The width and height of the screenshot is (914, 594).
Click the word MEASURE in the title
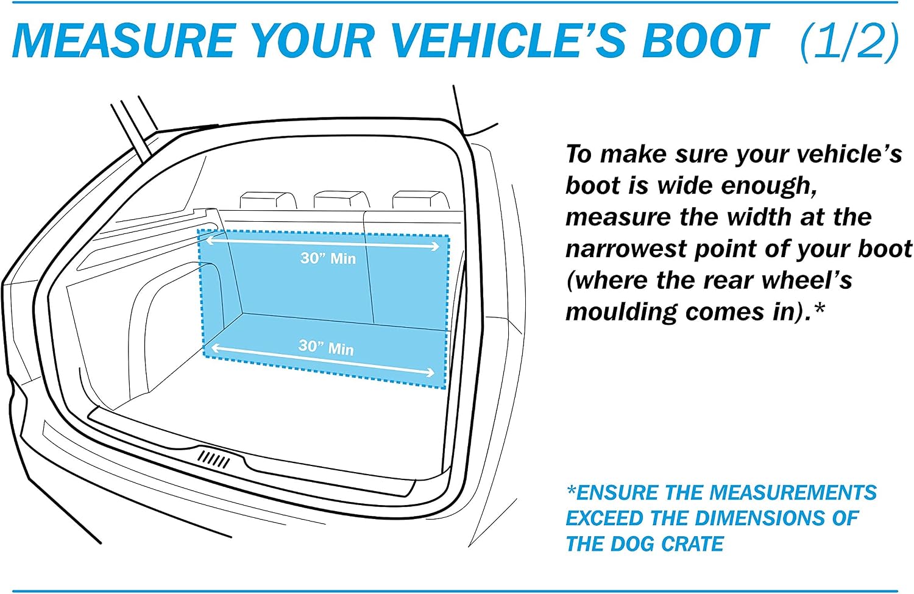124,40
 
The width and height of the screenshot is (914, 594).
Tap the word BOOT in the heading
706,40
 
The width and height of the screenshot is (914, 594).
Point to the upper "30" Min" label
328,258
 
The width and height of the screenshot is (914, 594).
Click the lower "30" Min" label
326,347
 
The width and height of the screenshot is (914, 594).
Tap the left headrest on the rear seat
268,200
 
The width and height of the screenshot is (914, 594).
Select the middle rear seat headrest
342,199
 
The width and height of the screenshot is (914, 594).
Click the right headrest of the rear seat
420,199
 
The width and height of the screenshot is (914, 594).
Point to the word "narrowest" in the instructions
626,249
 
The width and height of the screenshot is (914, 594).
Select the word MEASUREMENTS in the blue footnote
793,492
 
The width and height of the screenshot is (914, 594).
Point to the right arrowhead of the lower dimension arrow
430,372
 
